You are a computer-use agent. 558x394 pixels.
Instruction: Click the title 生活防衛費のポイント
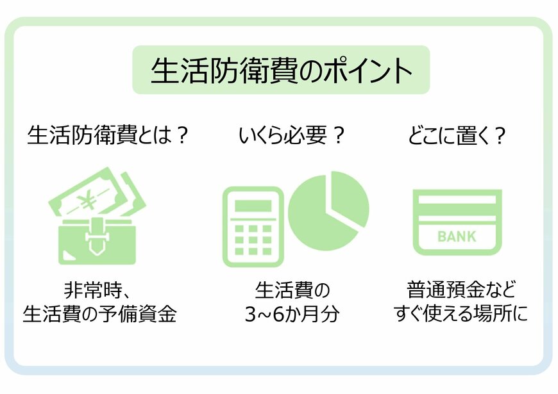coord(280,70)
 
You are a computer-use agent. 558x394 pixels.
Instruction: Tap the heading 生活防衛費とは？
coord(108,136)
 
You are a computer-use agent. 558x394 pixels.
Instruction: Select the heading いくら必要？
coord(292,136)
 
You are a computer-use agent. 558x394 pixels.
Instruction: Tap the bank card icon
coord(457,222)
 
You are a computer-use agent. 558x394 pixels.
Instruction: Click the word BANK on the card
coord(457,236)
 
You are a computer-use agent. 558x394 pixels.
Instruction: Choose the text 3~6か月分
coord(291,315)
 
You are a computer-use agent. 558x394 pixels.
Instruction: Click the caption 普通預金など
coord(461,290)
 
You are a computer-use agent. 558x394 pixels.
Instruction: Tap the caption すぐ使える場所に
coord(461,315)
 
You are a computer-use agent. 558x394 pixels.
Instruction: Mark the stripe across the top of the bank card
coord(457,200)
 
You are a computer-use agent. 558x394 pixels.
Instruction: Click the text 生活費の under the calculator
coord(292,290)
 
